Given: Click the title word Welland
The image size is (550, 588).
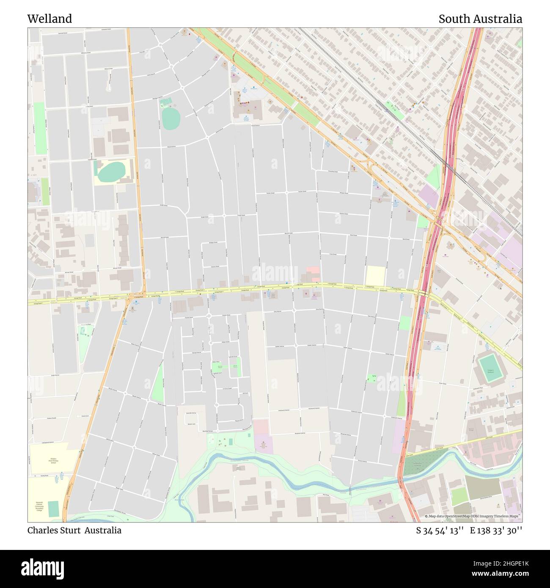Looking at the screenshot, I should (x=49, y=19).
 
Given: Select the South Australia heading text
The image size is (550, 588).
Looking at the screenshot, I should (x=480, y=19).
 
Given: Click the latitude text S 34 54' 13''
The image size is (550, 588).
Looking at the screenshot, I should (x=440, y=530).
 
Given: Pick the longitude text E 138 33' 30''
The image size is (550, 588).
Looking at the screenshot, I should (x=496, y=530).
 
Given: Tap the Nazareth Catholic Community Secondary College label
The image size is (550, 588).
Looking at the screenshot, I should (x=39, y=507).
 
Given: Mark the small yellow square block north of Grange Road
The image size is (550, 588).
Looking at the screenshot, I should (x=375, y=276).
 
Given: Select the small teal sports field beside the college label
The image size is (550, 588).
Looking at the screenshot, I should (x=54, y=508).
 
